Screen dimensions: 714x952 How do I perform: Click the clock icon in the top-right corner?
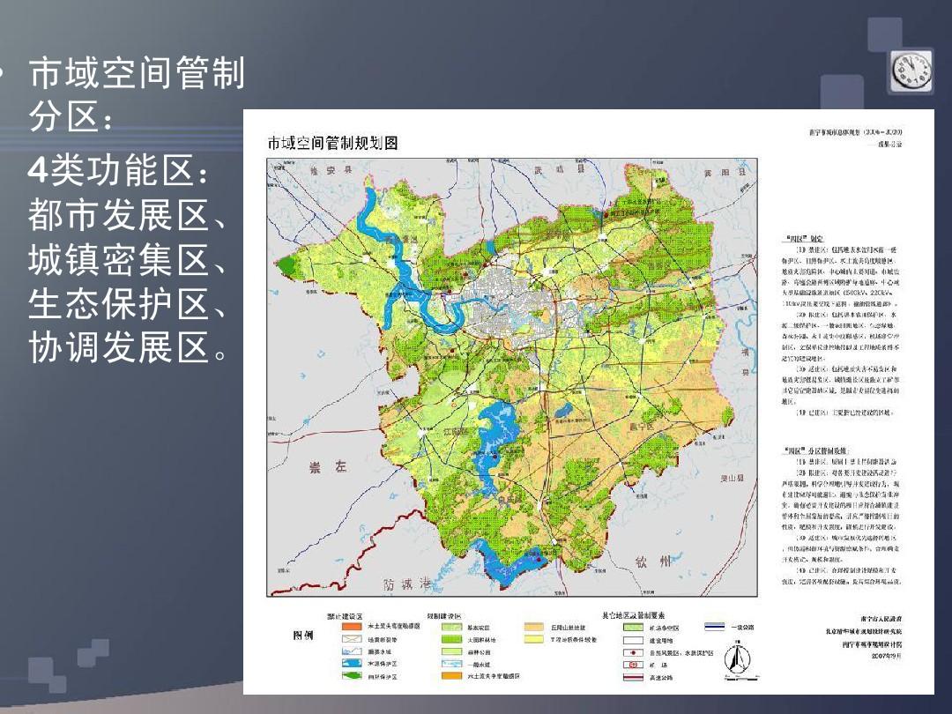[912, 71]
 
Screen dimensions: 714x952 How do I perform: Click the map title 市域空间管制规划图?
[333, 143]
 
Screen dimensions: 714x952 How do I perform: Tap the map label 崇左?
[326, 468]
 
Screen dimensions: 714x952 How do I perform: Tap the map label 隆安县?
[321, 172]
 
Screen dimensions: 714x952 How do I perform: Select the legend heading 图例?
[302, 636]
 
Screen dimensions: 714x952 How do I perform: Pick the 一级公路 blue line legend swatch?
[715, 627]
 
